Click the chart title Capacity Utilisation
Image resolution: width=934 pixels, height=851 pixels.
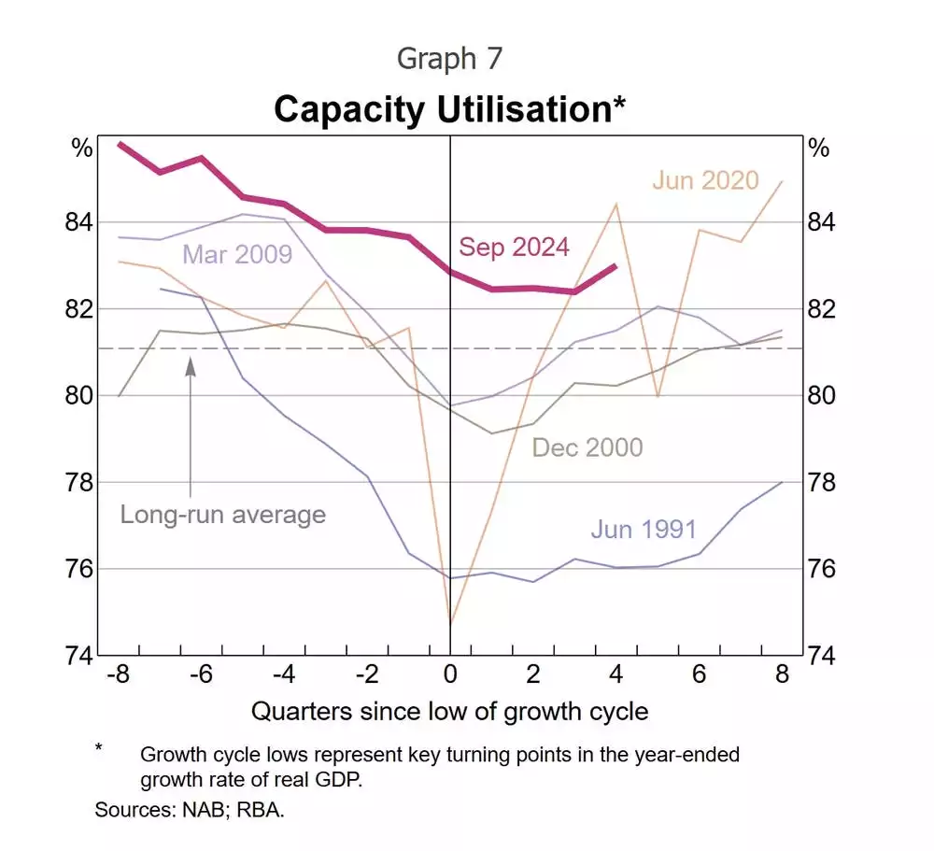point(449,109)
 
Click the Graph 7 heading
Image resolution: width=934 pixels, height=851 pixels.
point(449,58)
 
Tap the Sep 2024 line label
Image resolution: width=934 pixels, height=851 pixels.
point(514,247)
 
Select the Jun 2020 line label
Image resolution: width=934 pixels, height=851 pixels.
point(705,180)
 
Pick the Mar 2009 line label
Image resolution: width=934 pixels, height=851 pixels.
point(237,254)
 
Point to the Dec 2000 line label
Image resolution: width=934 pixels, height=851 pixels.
point(587,447)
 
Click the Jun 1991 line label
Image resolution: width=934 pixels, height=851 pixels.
point(644,530)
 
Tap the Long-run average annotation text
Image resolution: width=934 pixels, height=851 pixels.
point(222,514)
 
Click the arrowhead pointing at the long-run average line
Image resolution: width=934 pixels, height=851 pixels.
point(191,366)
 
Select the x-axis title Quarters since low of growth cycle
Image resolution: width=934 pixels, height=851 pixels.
point(449,711)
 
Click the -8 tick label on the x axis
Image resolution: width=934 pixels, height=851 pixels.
point(118,674)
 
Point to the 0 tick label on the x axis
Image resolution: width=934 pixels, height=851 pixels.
point(450,674)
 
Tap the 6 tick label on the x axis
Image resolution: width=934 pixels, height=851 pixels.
point(699,674)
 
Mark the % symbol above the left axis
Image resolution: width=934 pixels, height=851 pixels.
point(83,149)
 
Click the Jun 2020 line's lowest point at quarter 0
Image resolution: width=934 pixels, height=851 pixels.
point(451,622)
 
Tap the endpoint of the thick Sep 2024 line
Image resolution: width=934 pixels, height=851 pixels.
point(616,266)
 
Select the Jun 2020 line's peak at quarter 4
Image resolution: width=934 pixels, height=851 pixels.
point(616,204)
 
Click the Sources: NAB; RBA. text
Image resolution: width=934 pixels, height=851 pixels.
point(190,809)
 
